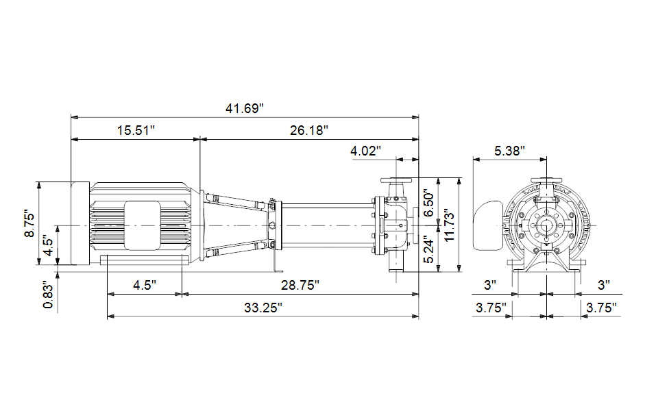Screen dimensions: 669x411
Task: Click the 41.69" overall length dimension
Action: pos(245,108)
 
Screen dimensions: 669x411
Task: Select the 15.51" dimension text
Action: pos(136,130)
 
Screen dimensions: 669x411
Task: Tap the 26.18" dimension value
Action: pos(309,130)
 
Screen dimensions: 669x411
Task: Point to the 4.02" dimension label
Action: pos(365,151)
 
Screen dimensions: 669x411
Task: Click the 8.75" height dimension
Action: pos(30,223)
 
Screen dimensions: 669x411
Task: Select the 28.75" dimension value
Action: pos(300,285)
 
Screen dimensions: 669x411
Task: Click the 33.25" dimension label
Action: pos(263,308)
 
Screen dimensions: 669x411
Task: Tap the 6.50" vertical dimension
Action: pos(429,204)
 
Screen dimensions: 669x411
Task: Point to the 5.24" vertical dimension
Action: pos(429,249)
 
